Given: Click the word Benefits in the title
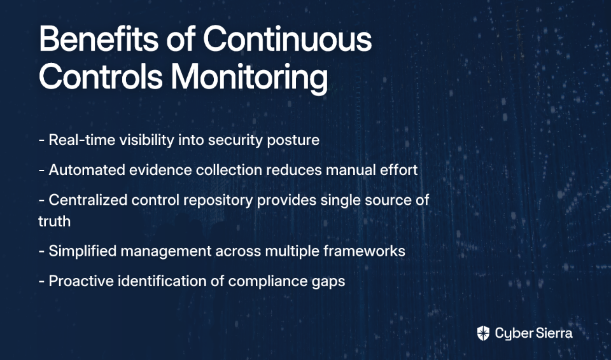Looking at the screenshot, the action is pyautogui.click(x=99, y=39).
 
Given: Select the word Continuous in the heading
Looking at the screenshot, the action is pyautogui.click(x=288, y=39).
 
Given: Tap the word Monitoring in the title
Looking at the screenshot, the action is pyautogui.click(x=249, y=78).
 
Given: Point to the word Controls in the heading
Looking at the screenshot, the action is pyautogui.click(x=101, y=76).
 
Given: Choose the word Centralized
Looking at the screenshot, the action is pyautogui.click(x=88, y=200).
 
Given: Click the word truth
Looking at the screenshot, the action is pyautogui.click(x=55, y=221).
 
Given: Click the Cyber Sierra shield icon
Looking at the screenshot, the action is pyautogui.click(x=483, y=333).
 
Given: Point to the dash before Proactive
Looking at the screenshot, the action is pyautogui.click(x=42, y=282).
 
